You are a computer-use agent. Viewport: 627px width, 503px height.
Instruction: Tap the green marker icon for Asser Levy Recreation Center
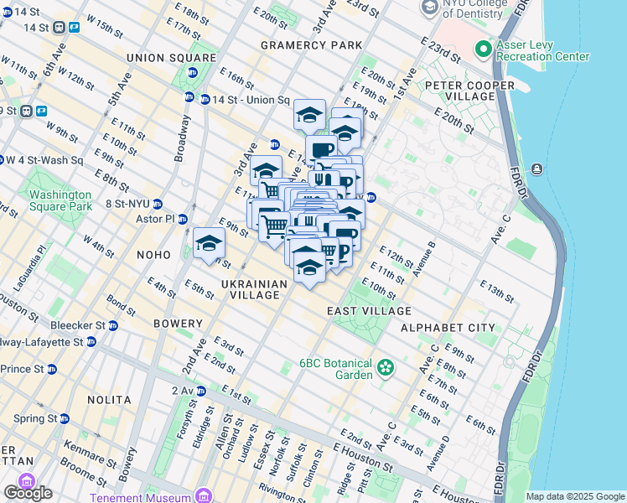click(483, 49)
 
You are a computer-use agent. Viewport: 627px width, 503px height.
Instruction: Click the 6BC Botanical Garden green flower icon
click(385, 367)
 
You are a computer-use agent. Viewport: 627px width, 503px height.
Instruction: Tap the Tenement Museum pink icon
click(203, 495)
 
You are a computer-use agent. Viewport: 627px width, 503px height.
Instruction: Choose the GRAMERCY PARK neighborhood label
click(311, 44)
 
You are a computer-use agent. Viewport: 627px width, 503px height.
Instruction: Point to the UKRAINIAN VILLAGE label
click(255, 289)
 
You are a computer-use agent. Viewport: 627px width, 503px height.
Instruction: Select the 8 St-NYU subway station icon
click(158, 204)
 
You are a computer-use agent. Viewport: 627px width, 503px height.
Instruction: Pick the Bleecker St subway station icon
click(112, 325)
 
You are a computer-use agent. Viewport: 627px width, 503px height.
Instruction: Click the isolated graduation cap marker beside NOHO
click(209, 244)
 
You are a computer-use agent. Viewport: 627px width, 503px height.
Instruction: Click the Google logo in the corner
click(28, 493)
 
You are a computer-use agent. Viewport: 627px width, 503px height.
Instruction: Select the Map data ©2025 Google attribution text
click(575, 496)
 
